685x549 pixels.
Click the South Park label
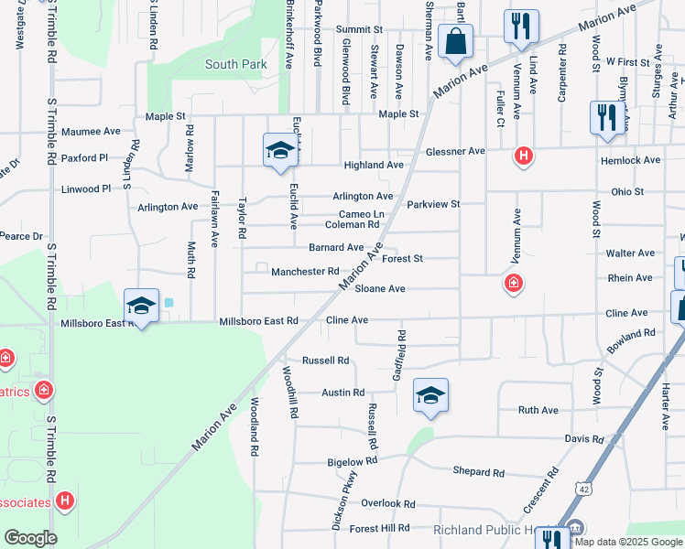tap(235, 64)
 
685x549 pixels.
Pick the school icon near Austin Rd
tap(430, 395)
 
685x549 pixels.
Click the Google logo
tap(30, 538)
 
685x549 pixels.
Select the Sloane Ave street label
tap(380, 288)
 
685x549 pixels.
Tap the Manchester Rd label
tap(305, 272)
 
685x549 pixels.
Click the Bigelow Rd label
tap(353, 462)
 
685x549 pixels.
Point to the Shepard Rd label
tap(478, 472)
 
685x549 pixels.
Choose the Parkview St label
tap(433, 204)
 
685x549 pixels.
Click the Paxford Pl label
tap(85, 158)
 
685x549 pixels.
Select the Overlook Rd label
tap(387, 503)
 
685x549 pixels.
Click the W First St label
tap(627, 62)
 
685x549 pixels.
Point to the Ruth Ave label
tap(538, 410)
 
